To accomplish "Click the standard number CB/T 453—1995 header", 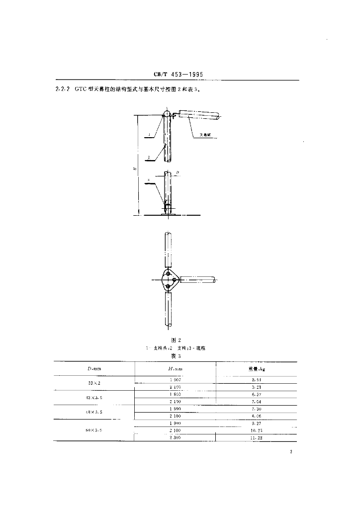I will (x=180, y=75).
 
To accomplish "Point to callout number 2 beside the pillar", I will (x=149, y=157).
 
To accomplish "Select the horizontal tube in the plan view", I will (x=198, y=280).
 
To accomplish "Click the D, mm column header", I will (x=94, y=368).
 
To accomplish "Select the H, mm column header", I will (x=176, y=368).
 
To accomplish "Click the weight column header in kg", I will (x=257, y=368).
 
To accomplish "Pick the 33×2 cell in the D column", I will (x=94, y=383).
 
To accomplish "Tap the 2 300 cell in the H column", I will (x=176, y=438).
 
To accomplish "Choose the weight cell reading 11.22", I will (x=257, y=438).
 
